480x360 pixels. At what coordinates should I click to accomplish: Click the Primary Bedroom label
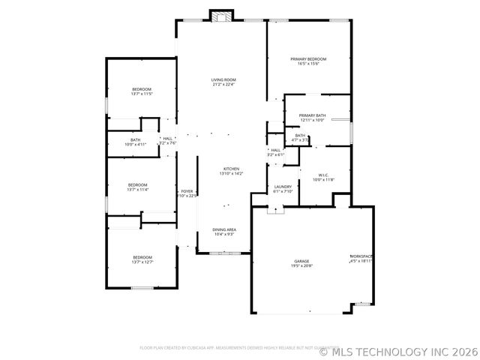click(x=308, y=61)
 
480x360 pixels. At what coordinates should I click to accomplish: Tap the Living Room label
click(x=223, y=82)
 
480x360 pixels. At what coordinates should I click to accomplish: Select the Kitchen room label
click(x=230, y=171)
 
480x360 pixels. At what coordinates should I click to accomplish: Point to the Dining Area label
click(x=224, y=232)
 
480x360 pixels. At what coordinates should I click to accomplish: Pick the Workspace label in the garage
click(x=361, y=259)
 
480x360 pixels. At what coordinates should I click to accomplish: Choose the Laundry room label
click(x=283, y=188)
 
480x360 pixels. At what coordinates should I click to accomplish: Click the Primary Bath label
click(x=312, y=117)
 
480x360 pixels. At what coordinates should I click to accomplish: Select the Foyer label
click(x=187, y=193)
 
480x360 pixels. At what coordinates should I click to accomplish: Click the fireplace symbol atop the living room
click(x=221, y=16)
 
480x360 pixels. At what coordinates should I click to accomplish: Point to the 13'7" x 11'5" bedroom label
click(x=142, y=91)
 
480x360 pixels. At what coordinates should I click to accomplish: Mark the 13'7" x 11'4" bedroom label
click(x=137, y=187)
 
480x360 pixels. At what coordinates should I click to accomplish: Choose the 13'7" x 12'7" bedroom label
click(x=142, y=259)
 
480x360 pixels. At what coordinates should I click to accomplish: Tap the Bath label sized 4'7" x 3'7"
click(x=300, y=137)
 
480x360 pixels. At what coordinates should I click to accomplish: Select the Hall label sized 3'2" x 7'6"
click(x=167, y=140)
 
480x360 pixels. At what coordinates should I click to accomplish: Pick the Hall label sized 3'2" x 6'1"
click(x=275, y=152)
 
